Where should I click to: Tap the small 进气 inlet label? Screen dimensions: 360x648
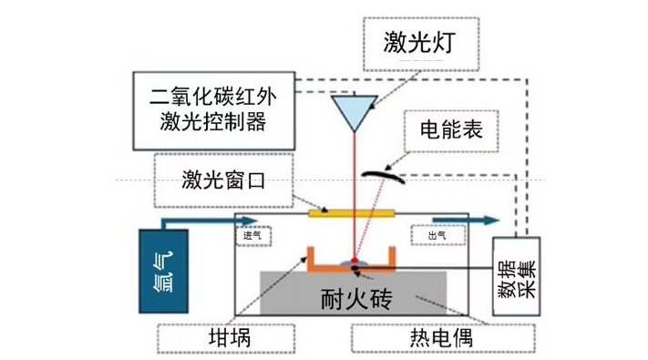tap(252, 235)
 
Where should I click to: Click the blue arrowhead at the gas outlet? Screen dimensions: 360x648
tap(492, 219)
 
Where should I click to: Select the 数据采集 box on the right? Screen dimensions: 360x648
tap(516, 276)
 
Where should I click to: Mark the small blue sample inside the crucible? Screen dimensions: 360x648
tap(353, 262)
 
